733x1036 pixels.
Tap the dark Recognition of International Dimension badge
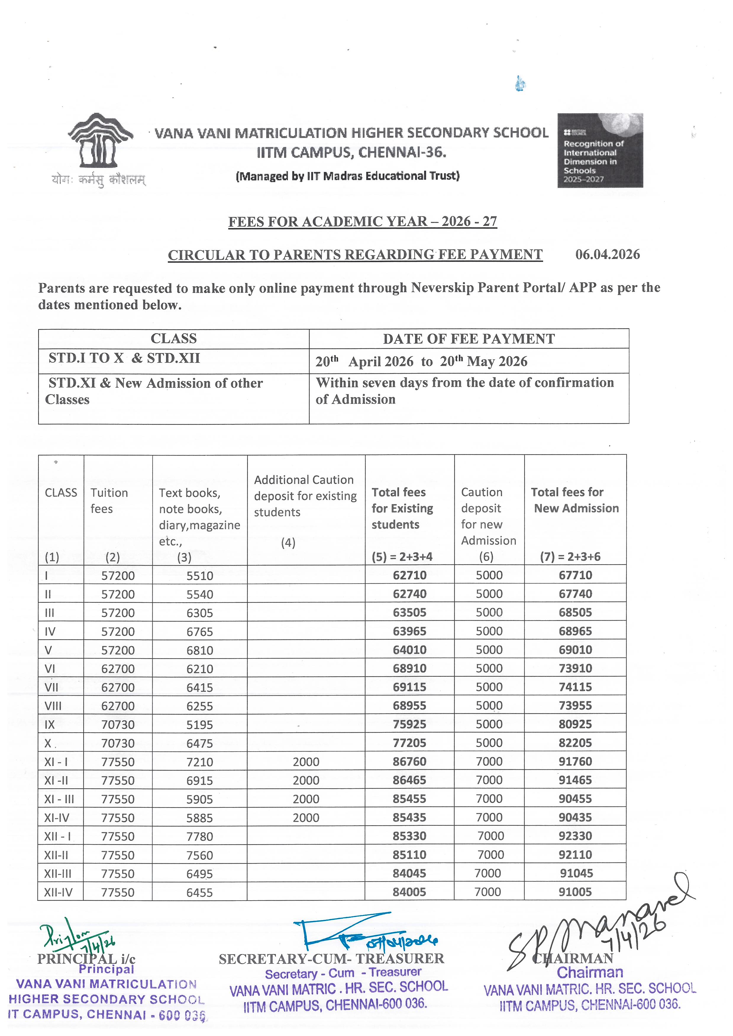(x=600, y=150)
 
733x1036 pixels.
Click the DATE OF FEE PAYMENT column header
(x=469, y=339)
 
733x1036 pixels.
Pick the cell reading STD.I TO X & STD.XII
(x=124, y=358)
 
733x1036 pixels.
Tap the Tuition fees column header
(x=109, y=500)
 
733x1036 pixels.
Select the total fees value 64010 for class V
(x=409, y=650)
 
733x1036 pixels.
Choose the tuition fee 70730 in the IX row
(x=118, y=725)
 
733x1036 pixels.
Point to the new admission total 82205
(x=575, y=743)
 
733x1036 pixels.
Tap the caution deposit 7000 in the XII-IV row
(x=487, y=892)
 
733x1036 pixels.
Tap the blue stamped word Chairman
(x=590, y=972)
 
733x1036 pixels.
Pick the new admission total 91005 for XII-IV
(x=575, y=892)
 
